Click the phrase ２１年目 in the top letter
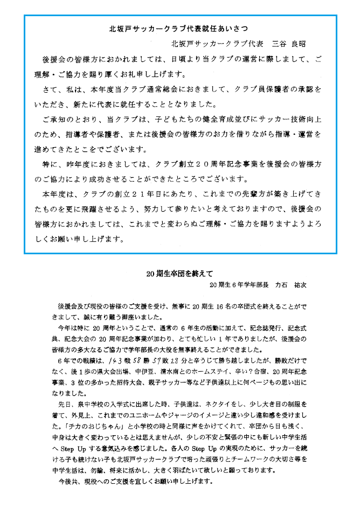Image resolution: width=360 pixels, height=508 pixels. point(136,192)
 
